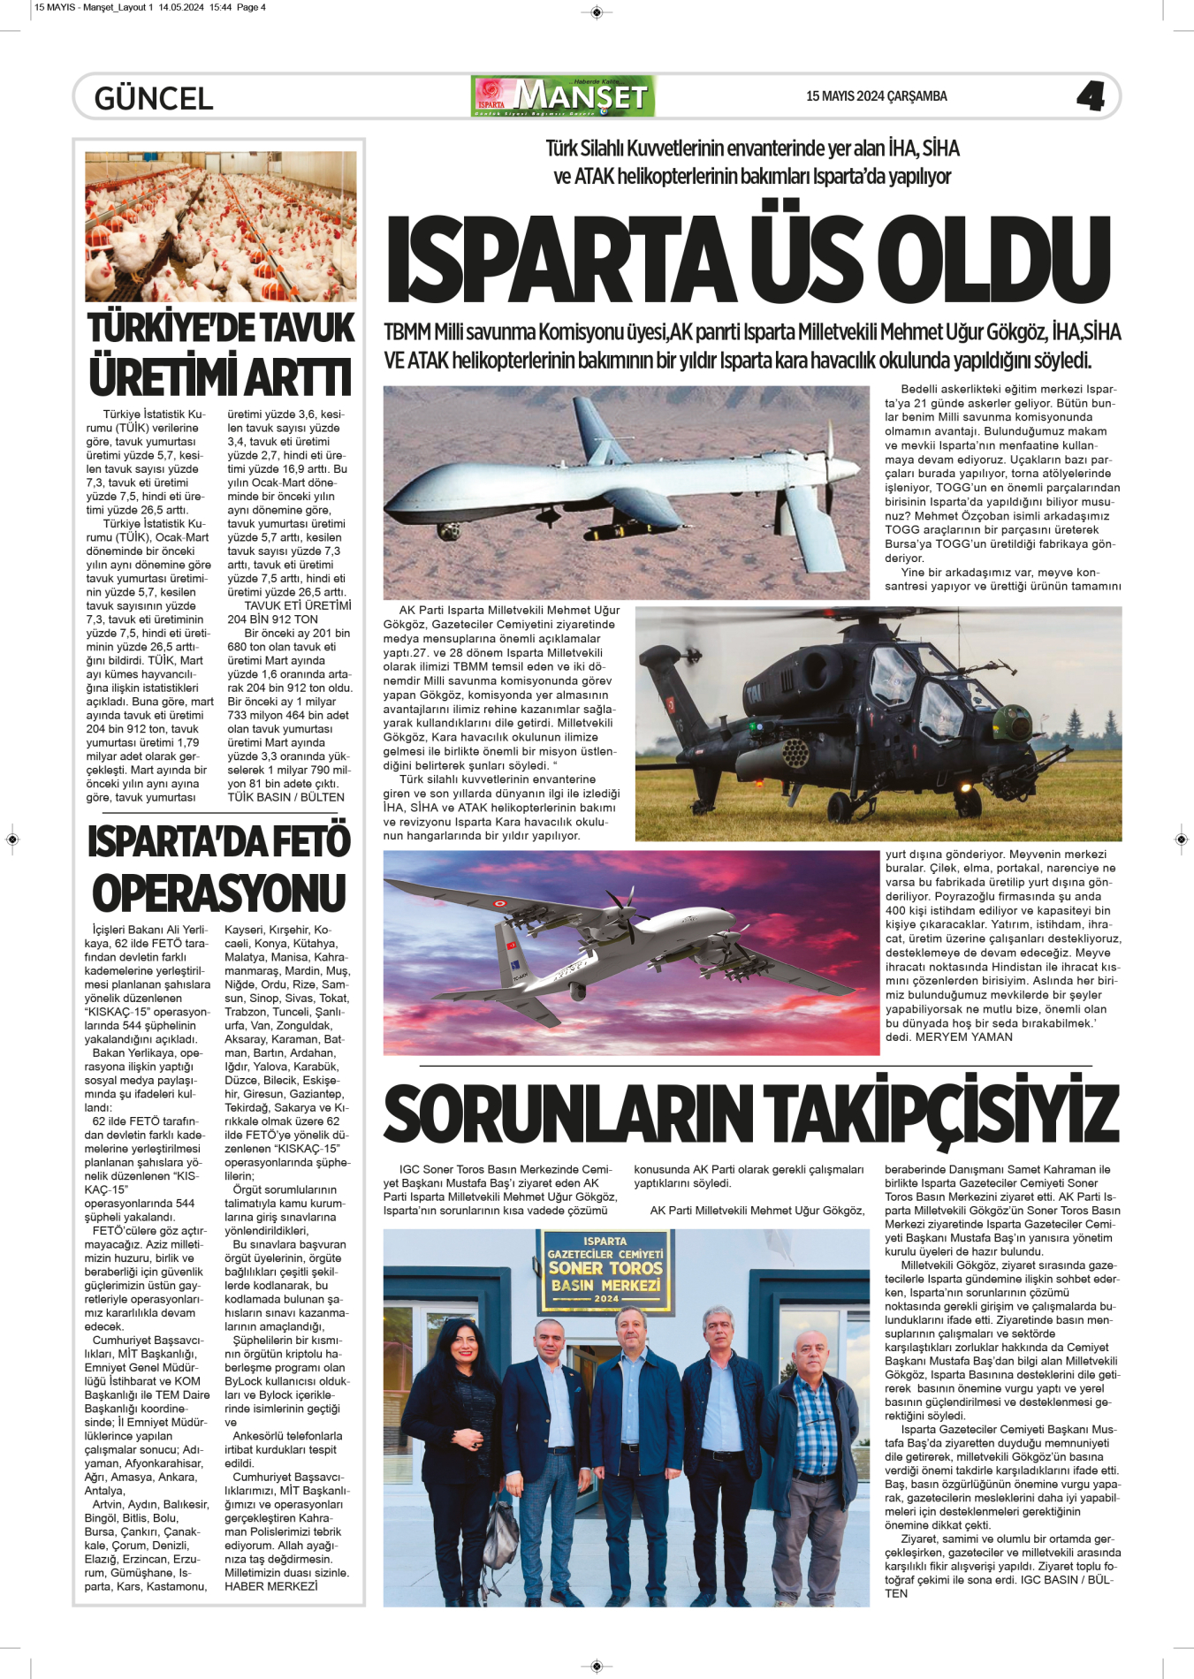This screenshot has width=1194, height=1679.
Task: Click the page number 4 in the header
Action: [x=1091, y=95]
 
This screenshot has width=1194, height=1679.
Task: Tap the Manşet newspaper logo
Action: [x=563, y=96]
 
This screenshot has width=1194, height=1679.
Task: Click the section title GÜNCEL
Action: [x=154, y=98]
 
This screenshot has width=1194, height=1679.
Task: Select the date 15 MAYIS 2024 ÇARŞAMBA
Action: [x=876, y=96]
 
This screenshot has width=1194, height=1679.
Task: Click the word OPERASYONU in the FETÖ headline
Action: [x=219, y=893]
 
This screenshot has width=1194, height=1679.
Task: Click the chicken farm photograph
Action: [x=221, y=226]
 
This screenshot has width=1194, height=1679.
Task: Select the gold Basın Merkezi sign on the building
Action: [x=605, y=1271]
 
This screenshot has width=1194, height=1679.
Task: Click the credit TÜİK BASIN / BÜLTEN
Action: [x=285, y=797]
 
